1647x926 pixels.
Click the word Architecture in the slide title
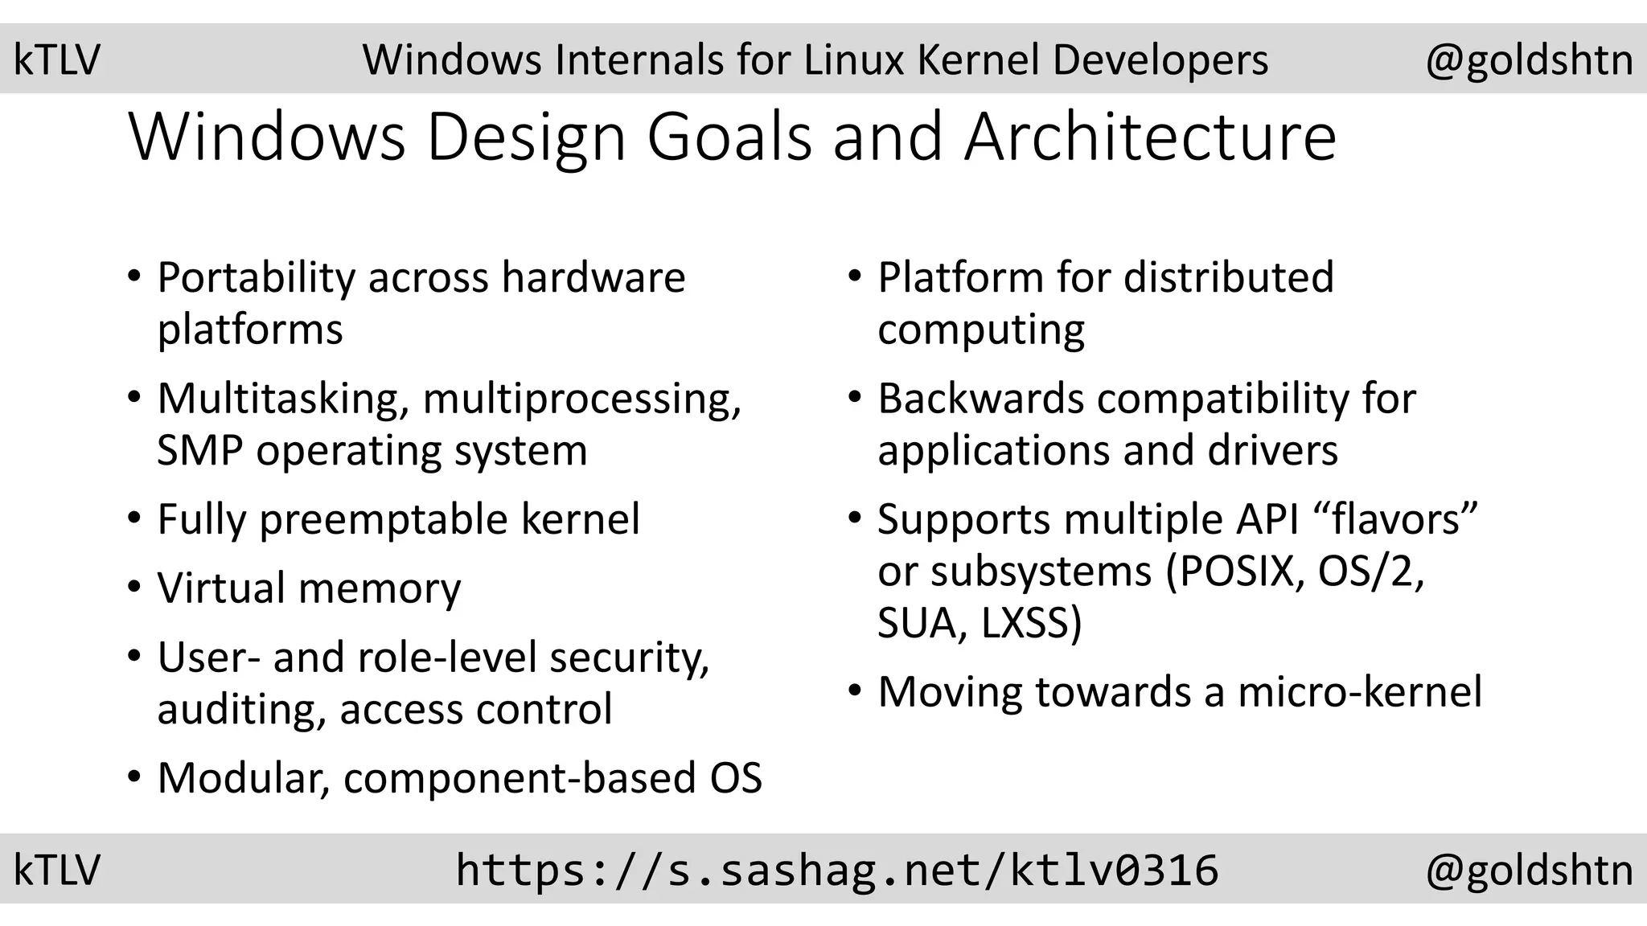[x=1150, y=137]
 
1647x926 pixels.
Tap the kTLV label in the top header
[x=56, y=60]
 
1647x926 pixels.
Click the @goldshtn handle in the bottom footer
[x=1529, y=871]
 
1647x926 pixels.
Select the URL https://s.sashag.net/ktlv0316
[x=836, y=871]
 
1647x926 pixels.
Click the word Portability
[x=256, y=278]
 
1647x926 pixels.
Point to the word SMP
[x=199, y=450]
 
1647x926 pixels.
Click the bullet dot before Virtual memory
[x=134, y=587]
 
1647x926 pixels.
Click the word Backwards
[x=980, y=399]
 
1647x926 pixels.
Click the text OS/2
[x=1370, y=572]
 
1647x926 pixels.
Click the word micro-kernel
[x=1359, y=692]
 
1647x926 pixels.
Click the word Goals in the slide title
[x=729, y=137]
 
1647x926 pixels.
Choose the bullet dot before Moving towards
[x=855, y=691]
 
